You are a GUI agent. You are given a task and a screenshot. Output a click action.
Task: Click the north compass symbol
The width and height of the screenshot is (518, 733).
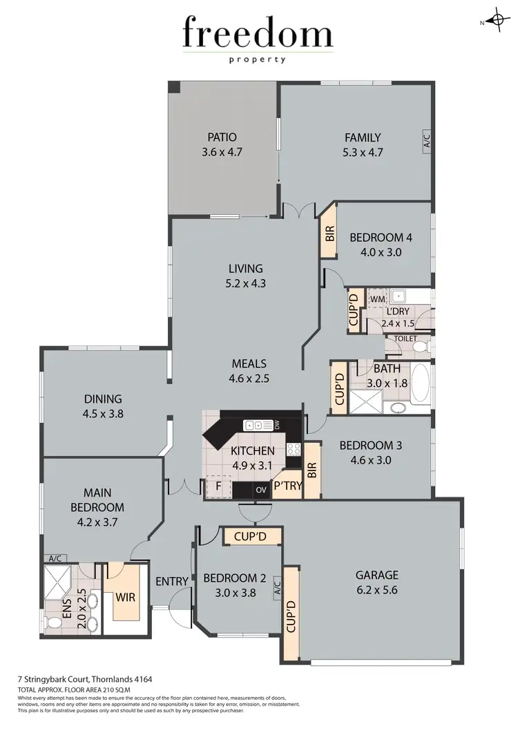tap(497, 21)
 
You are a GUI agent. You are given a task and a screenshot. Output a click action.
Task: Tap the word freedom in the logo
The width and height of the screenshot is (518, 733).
tap(258, 35)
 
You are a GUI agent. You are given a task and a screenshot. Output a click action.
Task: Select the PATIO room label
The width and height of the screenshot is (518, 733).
tap(223, 137)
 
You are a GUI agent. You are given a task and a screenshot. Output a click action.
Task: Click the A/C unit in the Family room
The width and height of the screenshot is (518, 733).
tap(426, 142)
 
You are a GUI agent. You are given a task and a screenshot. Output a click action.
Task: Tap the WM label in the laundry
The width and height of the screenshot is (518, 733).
tap(377, 298)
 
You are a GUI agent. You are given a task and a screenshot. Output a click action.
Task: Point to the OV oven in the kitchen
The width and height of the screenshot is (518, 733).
tap(261, 490)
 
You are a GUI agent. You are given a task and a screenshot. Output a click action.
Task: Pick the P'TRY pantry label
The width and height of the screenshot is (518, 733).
tap(287, 486)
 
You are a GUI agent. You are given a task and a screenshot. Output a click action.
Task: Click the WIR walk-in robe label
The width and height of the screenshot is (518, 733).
tap(126, 596)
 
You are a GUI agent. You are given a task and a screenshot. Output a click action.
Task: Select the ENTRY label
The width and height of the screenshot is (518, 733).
tap(171, 582)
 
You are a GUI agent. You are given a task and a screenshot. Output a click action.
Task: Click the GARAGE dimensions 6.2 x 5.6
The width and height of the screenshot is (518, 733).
tap(376, 590)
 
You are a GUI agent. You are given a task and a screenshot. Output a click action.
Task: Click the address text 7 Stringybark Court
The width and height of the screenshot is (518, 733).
tap(68, 680)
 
